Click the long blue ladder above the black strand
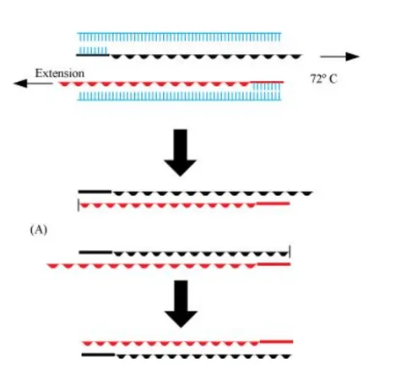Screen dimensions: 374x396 coord(179,38)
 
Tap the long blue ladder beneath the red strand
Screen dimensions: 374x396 coord(179,96)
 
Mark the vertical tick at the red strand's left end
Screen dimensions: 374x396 coord(79,204)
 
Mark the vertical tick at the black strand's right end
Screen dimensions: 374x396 coord(290,251)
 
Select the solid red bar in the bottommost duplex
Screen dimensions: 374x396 coord(276,341)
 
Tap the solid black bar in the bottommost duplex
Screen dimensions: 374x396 coord(99,355)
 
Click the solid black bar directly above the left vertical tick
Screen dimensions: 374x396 coord(95,192)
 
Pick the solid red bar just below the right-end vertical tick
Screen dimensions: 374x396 coord(274,264)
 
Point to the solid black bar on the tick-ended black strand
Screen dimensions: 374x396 coord(96,251)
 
